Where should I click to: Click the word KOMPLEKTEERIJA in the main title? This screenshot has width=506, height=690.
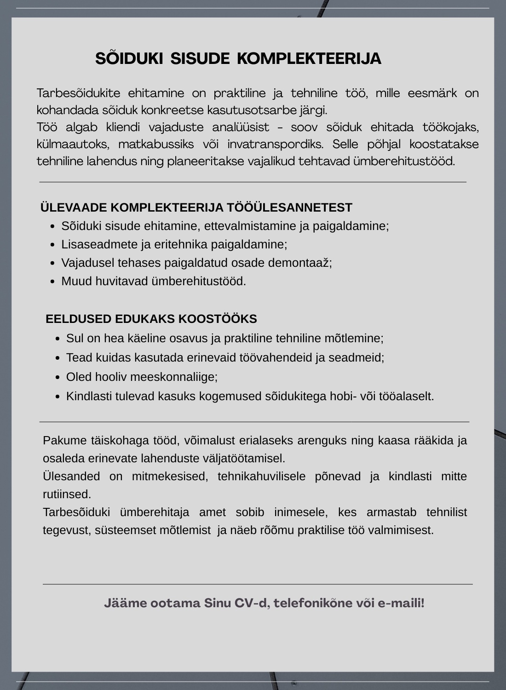(x=309, y=59)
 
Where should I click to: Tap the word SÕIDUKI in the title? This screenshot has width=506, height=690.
(x=129, y=59)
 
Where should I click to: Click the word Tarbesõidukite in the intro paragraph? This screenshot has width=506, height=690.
(x=78, y=93)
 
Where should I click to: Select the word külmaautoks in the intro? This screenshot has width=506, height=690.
(x=73, y=144)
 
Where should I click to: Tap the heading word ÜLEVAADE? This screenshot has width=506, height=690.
(x=74, y=208)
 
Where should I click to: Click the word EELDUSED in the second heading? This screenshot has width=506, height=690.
(x=78, y=319)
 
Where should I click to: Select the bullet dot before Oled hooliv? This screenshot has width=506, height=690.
(x=57, y=377)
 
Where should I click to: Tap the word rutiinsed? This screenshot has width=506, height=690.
(x=67, y=494)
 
